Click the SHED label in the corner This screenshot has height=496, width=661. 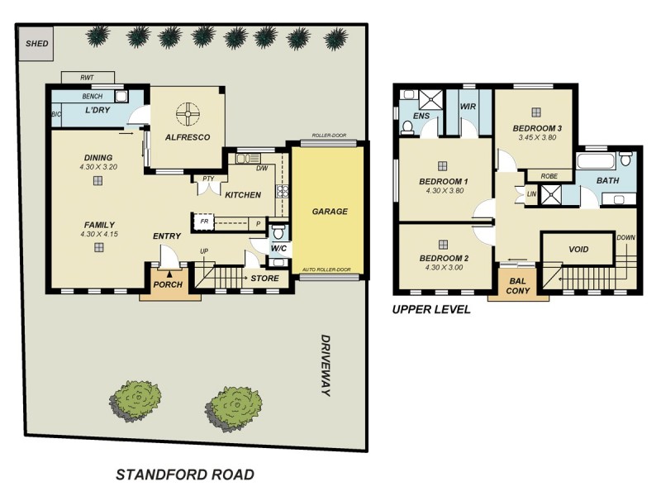(36, 44)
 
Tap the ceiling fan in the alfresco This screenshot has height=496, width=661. (187, 113)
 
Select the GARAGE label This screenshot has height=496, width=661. (330, 212)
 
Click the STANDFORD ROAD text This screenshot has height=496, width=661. (184, 475)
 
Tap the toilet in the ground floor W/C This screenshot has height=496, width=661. (279, 231)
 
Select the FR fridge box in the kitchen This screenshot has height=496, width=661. (202, 222)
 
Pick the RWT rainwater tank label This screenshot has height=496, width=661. (87, 77)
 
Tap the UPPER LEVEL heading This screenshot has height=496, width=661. (431, 310)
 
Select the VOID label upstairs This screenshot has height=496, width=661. (578, 249)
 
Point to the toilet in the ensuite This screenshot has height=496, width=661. (407, 126)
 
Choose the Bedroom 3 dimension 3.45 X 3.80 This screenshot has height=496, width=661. (536, 137)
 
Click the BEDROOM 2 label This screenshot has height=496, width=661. (443, 258)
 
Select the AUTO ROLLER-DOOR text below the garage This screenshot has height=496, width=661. (326, 270)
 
